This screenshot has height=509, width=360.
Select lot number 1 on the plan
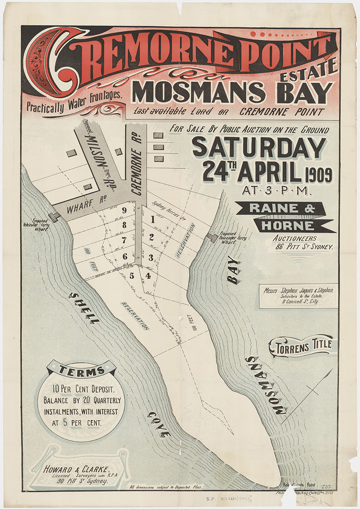point(152,220)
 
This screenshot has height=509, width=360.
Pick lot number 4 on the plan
point(148,276)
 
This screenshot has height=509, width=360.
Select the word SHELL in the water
point(84,308)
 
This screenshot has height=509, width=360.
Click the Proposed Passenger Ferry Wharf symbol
point(212,238)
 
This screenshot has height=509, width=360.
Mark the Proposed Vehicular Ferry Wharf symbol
point(54,217)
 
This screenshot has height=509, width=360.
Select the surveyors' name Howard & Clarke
point(77,469)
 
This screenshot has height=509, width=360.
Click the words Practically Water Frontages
point(75,102)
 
